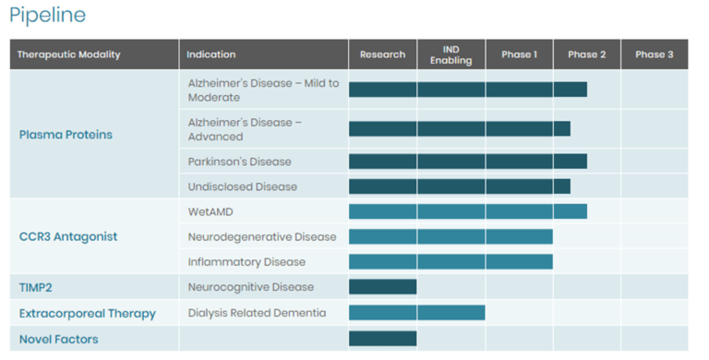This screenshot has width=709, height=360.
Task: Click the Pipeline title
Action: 48,15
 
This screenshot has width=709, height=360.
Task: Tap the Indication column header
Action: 211,54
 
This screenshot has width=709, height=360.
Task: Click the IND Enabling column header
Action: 451,54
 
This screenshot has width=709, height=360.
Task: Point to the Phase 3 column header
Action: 654,54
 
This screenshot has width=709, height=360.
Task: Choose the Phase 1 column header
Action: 519,54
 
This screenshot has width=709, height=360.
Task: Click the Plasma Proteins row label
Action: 66,135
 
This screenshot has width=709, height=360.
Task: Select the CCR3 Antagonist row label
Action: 68,236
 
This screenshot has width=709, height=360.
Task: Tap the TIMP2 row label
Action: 37,288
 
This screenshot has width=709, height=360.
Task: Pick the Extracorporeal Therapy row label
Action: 88,314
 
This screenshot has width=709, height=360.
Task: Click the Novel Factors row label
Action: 58,339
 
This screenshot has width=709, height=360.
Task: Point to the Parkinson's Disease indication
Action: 239,162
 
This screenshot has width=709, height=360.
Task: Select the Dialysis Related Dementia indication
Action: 257,313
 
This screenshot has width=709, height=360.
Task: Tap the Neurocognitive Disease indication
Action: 251,287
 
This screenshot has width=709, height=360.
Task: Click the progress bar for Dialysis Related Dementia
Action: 416,313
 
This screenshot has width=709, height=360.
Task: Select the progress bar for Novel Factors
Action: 382,338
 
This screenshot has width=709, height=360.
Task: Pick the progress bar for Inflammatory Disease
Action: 451,262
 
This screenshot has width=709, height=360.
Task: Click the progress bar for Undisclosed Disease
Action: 459,186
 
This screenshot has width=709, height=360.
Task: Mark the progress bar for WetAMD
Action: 467,211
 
